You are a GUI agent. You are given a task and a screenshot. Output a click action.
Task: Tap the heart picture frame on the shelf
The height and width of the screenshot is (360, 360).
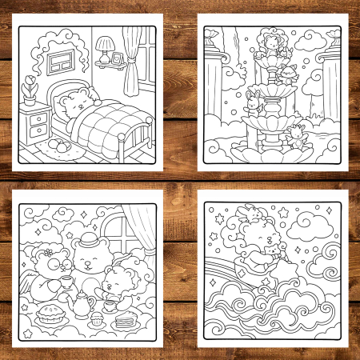118,58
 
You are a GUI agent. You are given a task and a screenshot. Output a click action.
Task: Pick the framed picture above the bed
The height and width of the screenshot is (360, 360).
59,62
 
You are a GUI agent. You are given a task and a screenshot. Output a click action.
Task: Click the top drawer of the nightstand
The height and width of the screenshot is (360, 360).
37,121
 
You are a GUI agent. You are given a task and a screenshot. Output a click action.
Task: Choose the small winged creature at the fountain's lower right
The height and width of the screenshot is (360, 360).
298,135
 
